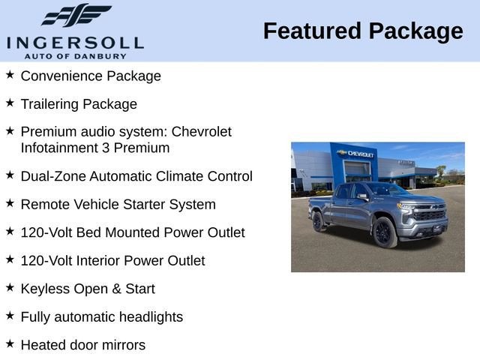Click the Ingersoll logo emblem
tap(76, 16)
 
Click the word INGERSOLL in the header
tap(74, 42)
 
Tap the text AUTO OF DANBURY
tap(74, 55)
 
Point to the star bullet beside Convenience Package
tap(10, 75)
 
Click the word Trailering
tap(50, 103)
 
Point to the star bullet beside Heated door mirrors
tap(10, 343)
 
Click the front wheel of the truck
tap(385, 232)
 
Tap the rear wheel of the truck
tap(318, 221)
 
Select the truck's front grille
tap(430, 215)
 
